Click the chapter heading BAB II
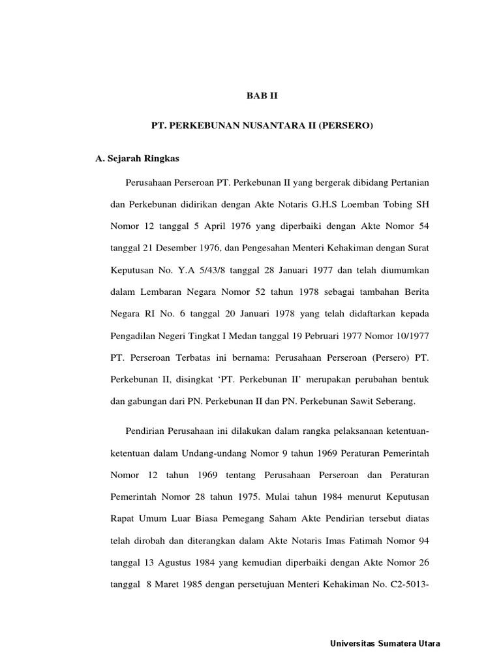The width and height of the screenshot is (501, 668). pyautogui.click(x=262, y=95)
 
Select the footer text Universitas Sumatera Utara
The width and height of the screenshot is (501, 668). pyautogui.click(x=386, y=644)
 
